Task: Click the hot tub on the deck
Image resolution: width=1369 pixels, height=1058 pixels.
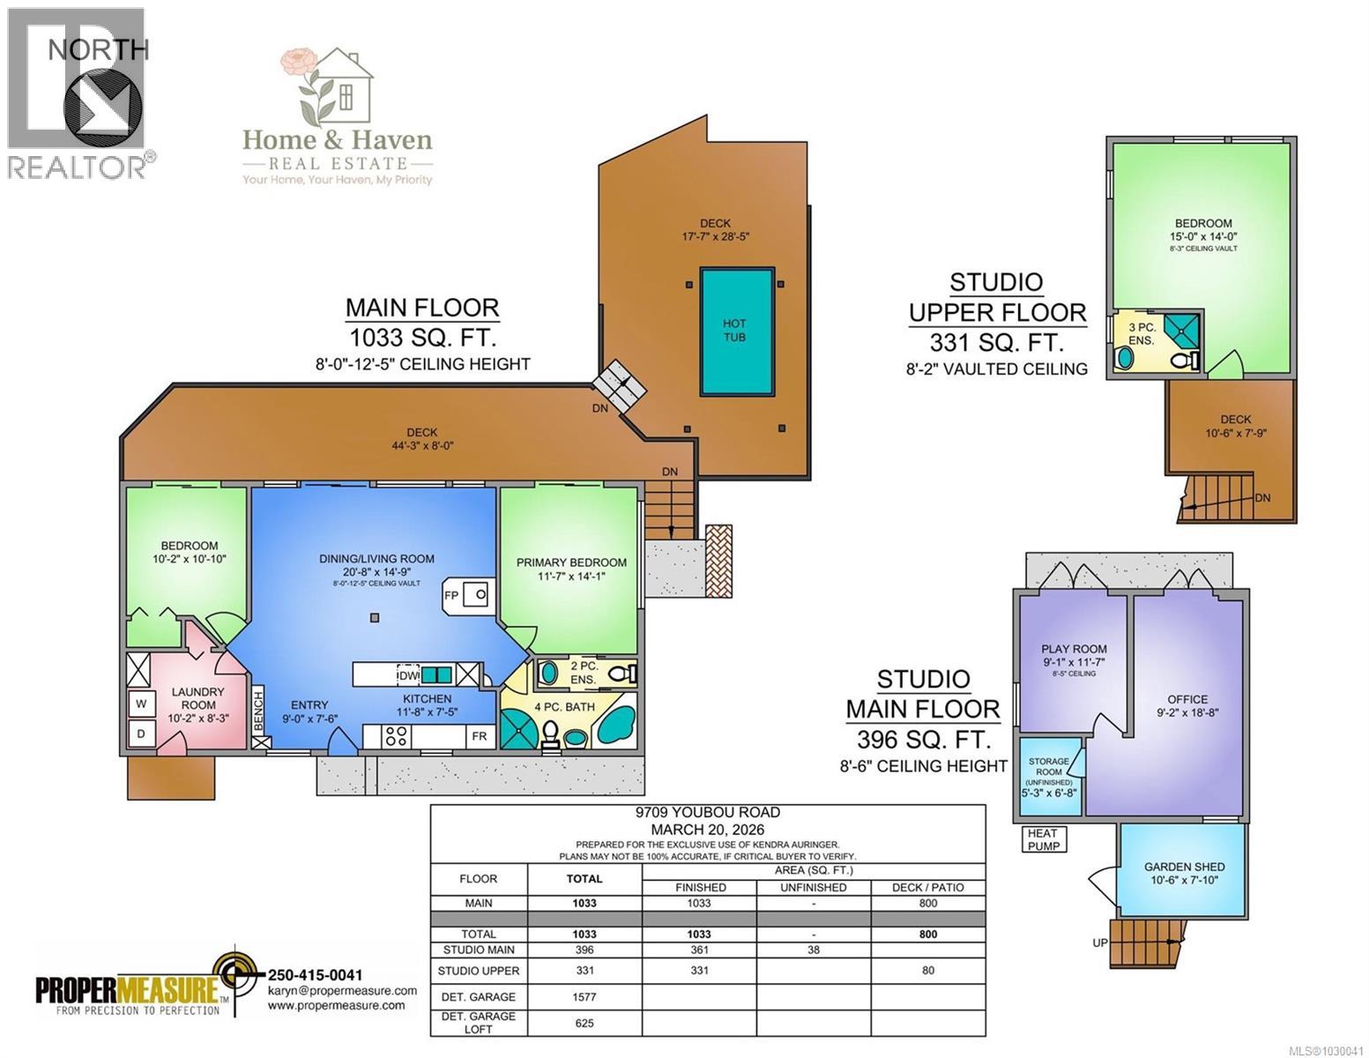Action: (737, 332)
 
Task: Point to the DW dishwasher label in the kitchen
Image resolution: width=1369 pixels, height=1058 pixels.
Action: (408, 675)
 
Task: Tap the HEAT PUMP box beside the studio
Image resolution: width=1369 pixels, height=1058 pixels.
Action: (1042, 838)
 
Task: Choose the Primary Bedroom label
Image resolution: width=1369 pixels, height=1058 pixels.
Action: (571, 563)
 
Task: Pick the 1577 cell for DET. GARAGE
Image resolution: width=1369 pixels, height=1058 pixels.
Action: (584, 997)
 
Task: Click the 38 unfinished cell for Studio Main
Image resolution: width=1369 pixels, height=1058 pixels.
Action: (813, 950)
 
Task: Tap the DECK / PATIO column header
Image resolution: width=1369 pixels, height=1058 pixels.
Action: (927, 887)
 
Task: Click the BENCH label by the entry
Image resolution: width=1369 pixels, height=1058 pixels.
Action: (258, 711)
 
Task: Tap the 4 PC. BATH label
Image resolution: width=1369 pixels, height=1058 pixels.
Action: (564, 707)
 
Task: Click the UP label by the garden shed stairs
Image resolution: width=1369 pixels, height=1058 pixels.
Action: (1100, 943)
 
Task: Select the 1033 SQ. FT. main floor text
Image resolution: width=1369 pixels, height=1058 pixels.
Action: (422, 337)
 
